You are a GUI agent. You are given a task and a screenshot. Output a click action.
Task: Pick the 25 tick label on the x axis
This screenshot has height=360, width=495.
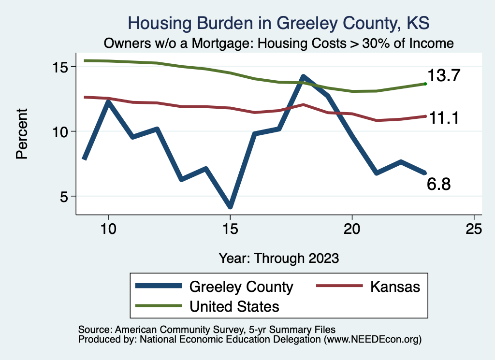(x=474, y=229)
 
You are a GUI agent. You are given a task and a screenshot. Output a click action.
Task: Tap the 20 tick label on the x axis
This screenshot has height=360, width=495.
(x=352, y=229)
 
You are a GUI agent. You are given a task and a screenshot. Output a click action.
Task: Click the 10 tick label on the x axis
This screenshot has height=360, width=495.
(x=108, y=229)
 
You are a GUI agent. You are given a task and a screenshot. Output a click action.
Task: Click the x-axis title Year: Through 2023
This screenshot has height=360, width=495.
(x=278, y=258)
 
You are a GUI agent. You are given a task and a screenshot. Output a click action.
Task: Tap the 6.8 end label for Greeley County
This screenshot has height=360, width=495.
(x=439, y=184)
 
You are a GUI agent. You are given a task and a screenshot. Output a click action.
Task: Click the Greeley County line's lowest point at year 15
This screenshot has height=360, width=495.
(x=230, y=206)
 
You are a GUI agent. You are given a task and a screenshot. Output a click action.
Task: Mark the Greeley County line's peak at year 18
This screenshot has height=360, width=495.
(x=303, y=77)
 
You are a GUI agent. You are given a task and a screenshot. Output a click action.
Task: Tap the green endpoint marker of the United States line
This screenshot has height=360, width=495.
(x=425, y=84)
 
